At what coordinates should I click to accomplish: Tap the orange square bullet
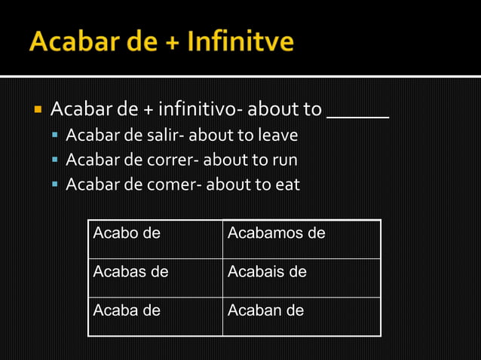[36, 110]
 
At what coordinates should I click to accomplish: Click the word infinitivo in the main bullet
[196, 110]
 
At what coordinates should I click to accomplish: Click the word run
[284, 160]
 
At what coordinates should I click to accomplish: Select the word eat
[286, 184]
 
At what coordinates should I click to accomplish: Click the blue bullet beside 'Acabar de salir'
[56, 136]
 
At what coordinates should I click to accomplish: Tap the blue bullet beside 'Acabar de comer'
[56, 185]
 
